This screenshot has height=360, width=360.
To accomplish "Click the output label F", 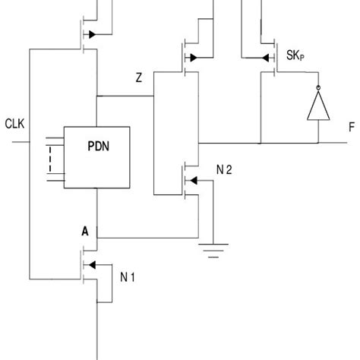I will [351, 128].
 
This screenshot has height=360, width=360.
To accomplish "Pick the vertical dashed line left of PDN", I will [51, 160].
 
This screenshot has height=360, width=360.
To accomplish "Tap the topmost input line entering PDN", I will [55, 138].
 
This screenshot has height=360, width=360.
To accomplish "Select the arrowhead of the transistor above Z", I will [193, 57].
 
